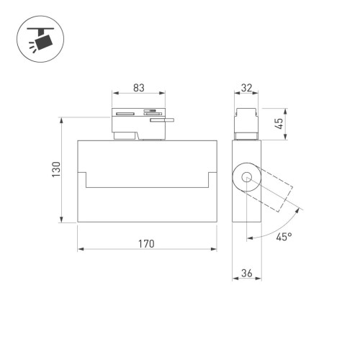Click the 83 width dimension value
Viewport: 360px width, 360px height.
tap(139, 88)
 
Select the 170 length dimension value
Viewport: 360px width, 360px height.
tap(146, 243)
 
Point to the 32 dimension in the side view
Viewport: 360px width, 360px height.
tap(247, 88)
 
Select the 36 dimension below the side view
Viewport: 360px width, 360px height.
tap(247, 272)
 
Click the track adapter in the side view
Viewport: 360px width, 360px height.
tap(247, 124)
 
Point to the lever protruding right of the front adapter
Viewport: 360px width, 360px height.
tap(163, 121)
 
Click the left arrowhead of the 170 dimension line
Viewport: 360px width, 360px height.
tap(81, 250)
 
